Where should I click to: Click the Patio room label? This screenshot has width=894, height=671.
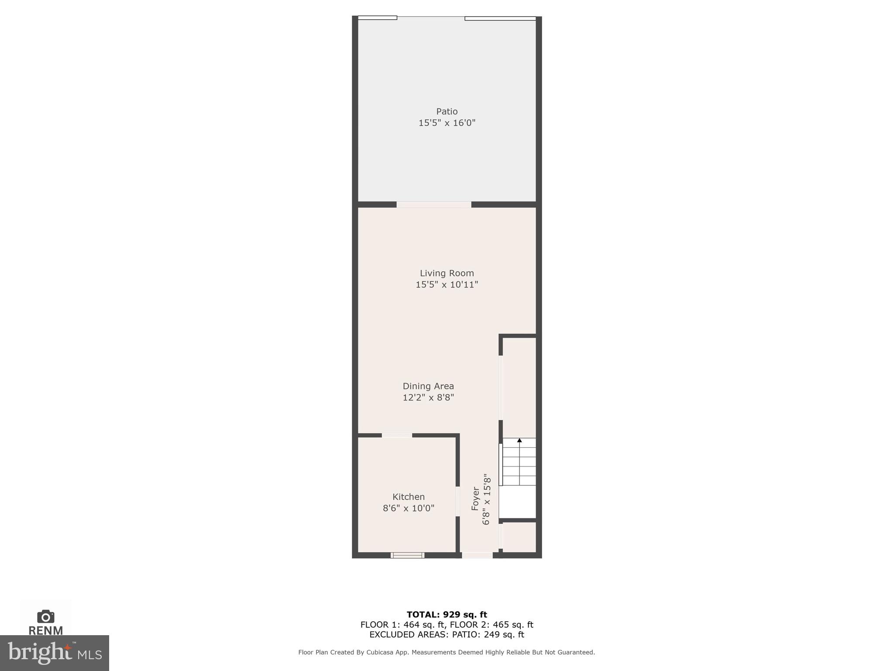coord(447,111)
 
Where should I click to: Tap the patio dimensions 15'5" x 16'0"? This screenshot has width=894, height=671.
coord(447,123)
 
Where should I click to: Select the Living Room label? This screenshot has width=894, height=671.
coord(447,273)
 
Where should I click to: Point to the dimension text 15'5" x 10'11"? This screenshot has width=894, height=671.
coord(447,285)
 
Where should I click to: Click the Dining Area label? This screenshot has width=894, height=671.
coord(428,386)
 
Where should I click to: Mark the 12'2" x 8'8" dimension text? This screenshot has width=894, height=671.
coord(428,398)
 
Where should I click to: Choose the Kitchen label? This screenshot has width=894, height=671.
coord(408,497)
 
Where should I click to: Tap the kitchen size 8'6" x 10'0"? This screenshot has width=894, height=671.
coord(408,508)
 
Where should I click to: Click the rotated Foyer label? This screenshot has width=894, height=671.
coord(475,499)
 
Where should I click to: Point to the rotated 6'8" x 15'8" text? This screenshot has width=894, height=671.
coord(486,499)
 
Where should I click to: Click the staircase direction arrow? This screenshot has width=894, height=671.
coord(519,440)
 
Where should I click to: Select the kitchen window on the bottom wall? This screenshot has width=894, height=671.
coord(407,555)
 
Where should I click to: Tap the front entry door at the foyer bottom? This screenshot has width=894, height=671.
coord(477,555)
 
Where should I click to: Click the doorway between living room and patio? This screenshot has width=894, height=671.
coord(434,204)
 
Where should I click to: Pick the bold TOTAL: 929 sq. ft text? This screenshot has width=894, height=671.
coord(447,615)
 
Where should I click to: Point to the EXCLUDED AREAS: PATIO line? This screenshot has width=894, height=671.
coord(447,635)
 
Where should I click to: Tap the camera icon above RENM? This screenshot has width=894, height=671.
coord(45,616)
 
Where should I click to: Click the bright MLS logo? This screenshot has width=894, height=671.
coord(55,653)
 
